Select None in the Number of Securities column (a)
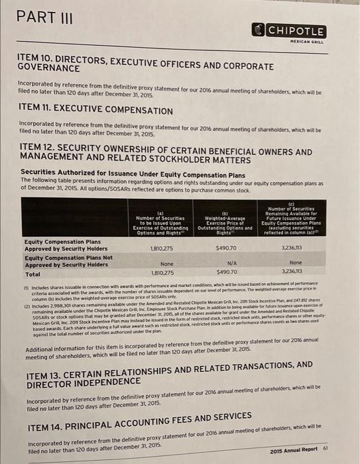(149, 263)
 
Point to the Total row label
(32, 272)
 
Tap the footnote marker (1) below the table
(27, 282)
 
